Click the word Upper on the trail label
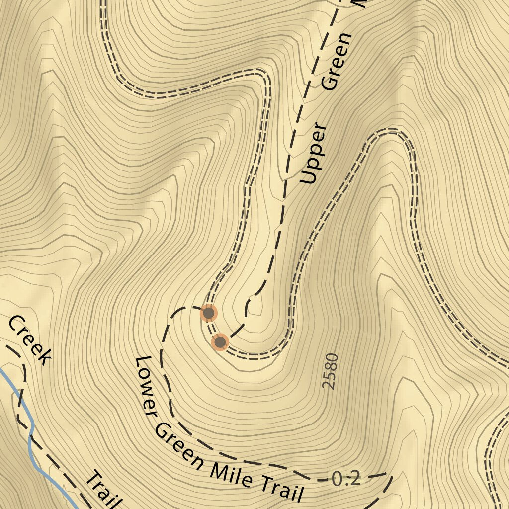click(314, 154)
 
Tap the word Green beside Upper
click(336, 62)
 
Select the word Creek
click(30, 340)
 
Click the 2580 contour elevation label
click(330, 371)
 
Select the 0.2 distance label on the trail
click(346, 479)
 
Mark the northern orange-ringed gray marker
click(209, 313)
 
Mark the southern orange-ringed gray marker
click(220, 342)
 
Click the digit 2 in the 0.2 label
click(353, 479)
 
